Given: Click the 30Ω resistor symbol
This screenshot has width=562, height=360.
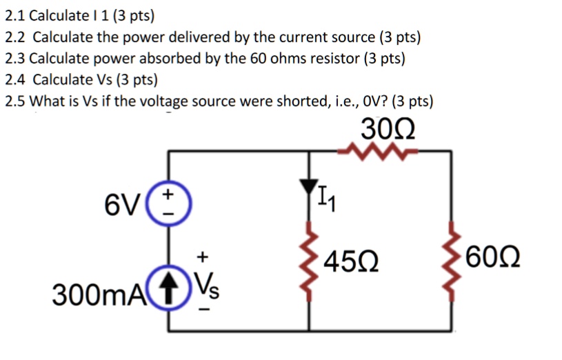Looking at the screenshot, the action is pos(377,152).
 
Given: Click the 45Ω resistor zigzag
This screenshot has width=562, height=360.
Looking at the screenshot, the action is pos(310,261).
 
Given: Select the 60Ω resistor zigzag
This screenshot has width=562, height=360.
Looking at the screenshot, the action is pos(452,261).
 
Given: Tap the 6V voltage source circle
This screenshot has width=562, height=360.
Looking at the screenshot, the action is pos(168,203).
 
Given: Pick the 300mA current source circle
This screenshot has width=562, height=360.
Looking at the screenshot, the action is pos(168,287).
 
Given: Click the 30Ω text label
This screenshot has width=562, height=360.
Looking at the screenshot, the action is pos(388,129).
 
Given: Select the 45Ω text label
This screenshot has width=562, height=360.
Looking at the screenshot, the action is pos(351,261).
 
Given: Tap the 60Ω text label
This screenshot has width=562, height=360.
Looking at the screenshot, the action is pos(493,256).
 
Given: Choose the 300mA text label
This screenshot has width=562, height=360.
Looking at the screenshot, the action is pos(99,294).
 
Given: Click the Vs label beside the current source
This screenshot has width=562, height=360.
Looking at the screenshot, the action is pos(207,286).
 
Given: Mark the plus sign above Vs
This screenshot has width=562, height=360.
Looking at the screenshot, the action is pos(203,257).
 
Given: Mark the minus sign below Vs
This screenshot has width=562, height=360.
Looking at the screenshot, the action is pos(205,309).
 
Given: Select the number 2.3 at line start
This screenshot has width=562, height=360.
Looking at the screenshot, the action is pos(15,59).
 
